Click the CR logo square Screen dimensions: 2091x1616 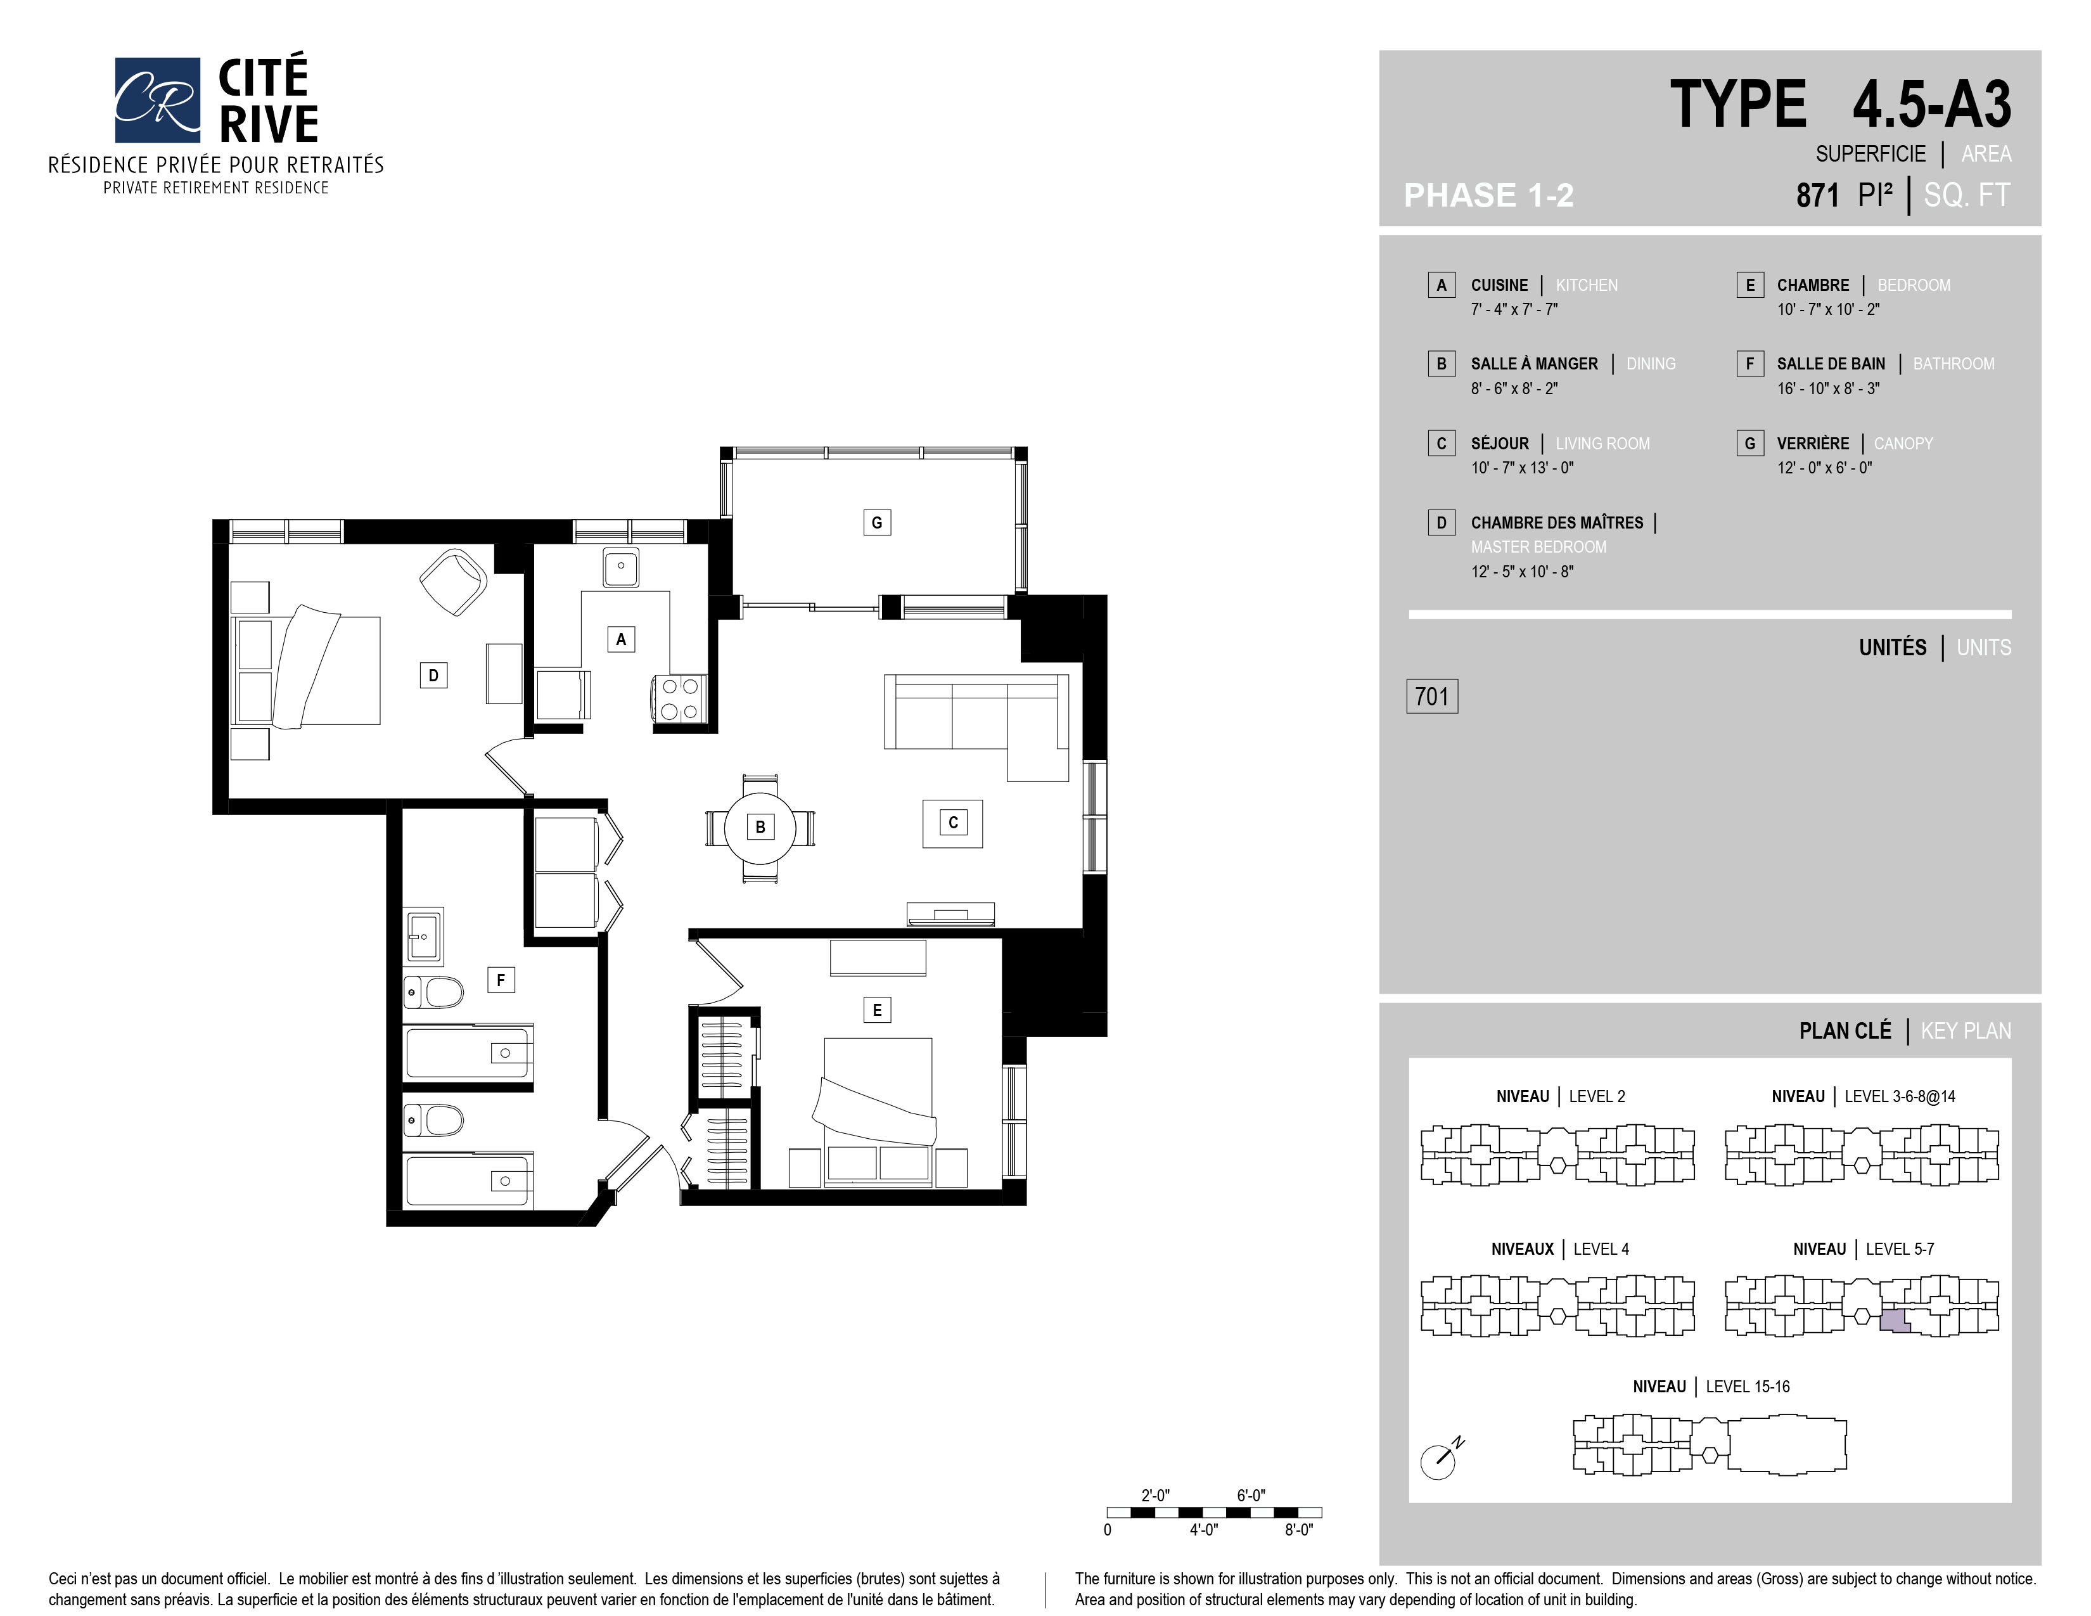coord(157,99)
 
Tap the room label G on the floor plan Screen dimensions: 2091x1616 coord(876,523)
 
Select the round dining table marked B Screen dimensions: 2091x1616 coord(760,827)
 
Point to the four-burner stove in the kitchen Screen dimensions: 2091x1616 coord(679,698)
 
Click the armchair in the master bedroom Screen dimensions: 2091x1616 coord(454,581)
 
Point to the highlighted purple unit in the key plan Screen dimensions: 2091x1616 coord(1895,1321)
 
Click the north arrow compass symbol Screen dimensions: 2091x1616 coord(1441,1458)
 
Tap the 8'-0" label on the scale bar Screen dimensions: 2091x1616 coord(1298,1530)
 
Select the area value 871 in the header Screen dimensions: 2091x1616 coord(1817,195)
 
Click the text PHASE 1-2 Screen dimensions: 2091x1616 coord(1489,195)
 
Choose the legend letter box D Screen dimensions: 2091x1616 coord(1441,523)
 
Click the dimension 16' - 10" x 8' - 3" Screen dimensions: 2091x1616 coord(1827,388)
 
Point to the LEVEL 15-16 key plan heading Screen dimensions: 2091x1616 coord(1748,1386)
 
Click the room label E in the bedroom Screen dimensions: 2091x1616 coord(876,1010)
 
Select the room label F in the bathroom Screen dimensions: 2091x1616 coord(501,980)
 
